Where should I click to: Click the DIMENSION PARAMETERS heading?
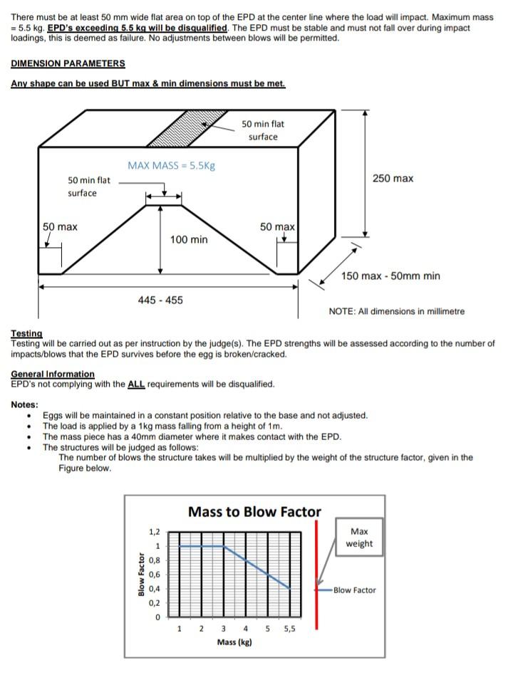(x=68, y=63)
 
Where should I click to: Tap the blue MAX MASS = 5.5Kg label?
(x=171, y=165)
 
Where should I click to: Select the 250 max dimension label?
(x=393, y=178)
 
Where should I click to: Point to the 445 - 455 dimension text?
(x=160, y=300)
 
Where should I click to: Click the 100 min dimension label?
(x=189, y=240)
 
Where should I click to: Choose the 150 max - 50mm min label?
(x=390, y=276)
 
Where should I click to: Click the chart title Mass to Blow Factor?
(x=254, y=511)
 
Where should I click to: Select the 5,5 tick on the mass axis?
(x=289, y=629)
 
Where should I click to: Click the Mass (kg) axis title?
(x=234, y=642)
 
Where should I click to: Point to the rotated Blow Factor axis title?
(x=142, y=573)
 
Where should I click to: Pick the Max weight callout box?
(x=359, y=538)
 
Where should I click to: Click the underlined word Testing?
(x=26, y=333)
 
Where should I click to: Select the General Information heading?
(x=52, y=374)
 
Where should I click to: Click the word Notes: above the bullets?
(x=25, y=404)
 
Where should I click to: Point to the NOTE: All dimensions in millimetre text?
(x=396, y=311)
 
